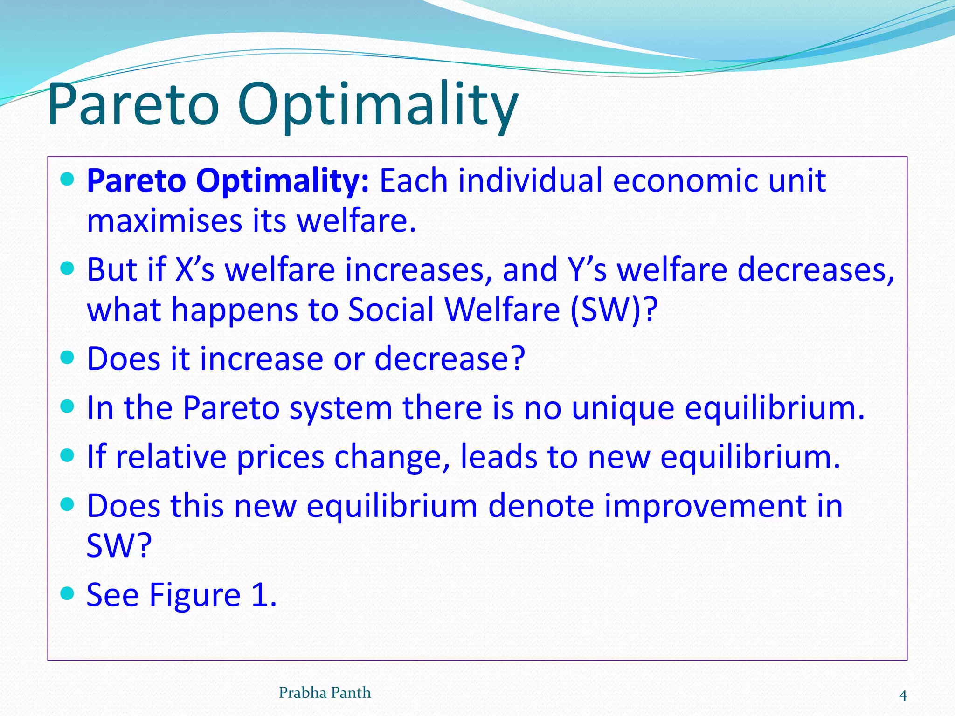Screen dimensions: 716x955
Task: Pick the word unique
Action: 623,408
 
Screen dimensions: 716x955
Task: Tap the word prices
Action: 280,457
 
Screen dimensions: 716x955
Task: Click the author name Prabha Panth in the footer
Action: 325,693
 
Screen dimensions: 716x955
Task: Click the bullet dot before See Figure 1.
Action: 68,593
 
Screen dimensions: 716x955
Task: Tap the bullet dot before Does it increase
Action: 68,357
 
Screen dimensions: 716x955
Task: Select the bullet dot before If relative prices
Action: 68,455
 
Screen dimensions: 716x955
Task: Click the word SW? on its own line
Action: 119,545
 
